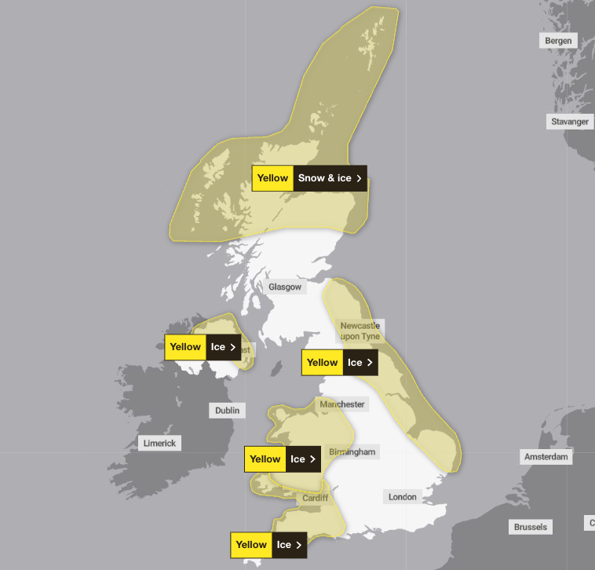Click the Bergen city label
click(558, 41)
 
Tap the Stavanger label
click(569, 122)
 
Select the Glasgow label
click(284, 287)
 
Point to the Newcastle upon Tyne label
click(360, 331)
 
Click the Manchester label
click(342, 404)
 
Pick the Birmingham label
click(352, 452)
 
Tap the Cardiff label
click(315, 498)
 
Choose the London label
click(402, 497)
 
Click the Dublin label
click(227, 410)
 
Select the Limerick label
click(160, 443)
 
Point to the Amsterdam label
click(547, 457)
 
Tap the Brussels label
click(531, 527)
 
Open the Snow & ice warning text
click(324, 178)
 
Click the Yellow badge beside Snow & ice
click(272, 178)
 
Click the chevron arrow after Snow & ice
click(360, 178)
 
